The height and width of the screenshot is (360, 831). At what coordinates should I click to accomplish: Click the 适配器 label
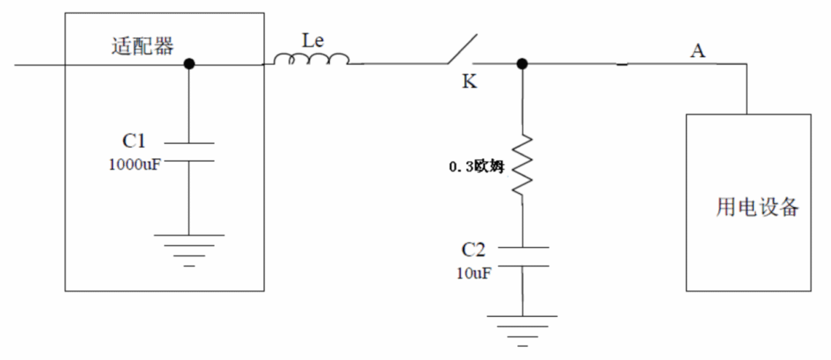143,46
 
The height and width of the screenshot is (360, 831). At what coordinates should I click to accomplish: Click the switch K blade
460,50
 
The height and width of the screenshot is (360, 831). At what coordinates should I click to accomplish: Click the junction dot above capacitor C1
189,65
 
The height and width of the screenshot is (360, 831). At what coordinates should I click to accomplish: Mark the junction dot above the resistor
522,65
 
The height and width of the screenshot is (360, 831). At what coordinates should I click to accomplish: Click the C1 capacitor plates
189,151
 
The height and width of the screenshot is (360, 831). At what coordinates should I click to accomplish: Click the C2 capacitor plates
522,256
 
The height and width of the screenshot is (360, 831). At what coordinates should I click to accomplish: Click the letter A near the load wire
698,51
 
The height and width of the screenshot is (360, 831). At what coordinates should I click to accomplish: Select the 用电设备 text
758,208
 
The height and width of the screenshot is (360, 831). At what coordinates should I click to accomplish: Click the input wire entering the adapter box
38,65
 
